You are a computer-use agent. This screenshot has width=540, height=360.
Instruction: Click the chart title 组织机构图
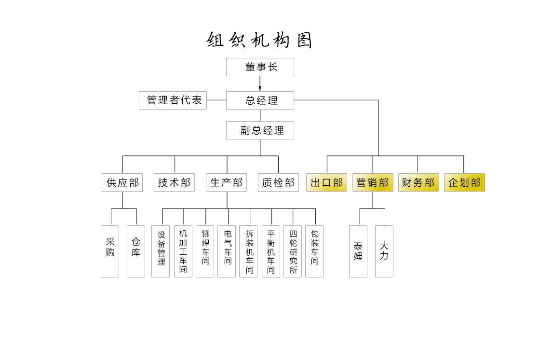click(260, 40)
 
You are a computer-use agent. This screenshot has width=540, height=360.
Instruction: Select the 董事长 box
click(260, 67)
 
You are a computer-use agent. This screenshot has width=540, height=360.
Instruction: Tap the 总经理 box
click(260, 100)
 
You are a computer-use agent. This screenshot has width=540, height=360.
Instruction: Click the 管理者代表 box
click(173, 100)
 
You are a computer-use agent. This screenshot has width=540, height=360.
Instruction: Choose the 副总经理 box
click(260, 130)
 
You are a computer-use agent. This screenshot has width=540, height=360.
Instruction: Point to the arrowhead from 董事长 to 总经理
click(260, 88)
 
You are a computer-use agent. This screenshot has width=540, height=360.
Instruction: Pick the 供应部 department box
click(122, 182)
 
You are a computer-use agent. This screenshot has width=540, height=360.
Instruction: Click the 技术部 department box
click(175, 182)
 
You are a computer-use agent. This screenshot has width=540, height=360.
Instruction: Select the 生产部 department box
click(227, 182)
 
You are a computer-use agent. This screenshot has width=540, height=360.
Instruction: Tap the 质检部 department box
click(278, 182)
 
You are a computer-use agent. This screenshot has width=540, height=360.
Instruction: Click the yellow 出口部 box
click(326, 182)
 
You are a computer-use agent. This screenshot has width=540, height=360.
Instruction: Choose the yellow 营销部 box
click(373, 182)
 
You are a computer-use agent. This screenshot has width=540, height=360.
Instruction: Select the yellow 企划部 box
click(464, 182)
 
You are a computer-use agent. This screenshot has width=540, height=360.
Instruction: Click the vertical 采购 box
click(110, 251)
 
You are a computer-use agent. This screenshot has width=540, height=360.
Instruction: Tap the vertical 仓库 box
click(136, 251)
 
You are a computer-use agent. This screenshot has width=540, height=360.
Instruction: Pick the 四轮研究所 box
click(293, 251)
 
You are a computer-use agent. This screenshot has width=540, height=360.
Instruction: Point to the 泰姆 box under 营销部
click(358, 251)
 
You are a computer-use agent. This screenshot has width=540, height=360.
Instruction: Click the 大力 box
click(384, 251)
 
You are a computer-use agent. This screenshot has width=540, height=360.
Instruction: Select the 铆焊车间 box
click(205, 251)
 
